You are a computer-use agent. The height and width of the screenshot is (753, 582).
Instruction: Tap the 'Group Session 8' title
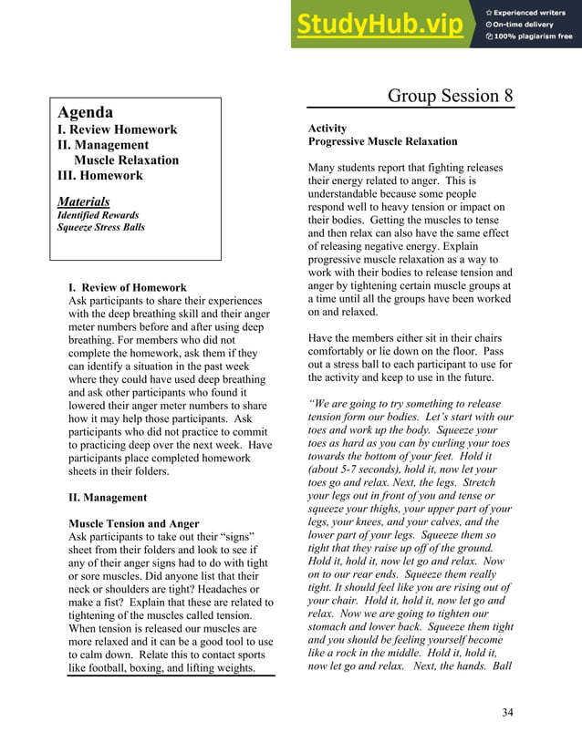tap(450, 96)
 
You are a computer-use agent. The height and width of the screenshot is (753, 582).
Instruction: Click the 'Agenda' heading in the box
tap(86, 112)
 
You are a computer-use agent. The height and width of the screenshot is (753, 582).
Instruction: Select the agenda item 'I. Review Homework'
tap(117, 129)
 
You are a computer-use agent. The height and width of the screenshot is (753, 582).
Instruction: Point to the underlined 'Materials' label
tap(84, 201)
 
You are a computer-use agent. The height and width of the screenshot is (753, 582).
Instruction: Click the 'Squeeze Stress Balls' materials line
tap(101, 227)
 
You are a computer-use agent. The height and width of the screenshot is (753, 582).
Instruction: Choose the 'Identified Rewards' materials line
tap(98, 215)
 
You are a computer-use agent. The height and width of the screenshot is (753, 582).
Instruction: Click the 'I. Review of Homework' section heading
tap(128, 287)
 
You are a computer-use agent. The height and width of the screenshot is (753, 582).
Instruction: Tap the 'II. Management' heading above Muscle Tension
tap(108, 498)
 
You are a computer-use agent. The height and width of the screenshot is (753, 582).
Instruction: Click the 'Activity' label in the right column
tap(327, 129)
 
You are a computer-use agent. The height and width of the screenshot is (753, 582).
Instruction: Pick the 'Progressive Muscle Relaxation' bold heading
tap(382, 142)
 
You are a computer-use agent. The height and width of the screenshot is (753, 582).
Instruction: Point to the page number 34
tap(507, 712)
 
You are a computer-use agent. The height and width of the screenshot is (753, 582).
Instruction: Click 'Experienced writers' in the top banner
tap(532, 12)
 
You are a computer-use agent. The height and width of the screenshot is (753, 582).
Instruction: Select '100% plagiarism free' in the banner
tap(534, 36)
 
